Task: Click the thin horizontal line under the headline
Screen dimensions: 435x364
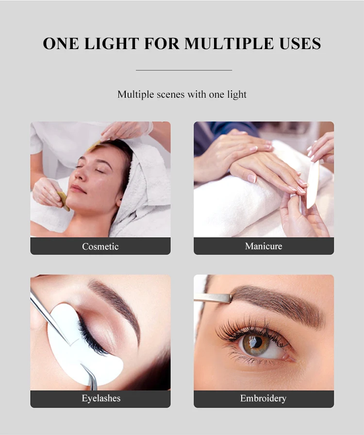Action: (184, 70)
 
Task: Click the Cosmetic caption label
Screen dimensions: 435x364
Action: (100, 246)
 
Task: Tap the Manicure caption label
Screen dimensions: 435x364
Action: (264, 246)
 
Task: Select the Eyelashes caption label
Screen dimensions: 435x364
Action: (100, 399)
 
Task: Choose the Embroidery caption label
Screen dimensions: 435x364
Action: (264, 399)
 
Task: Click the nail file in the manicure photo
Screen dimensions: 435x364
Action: (312, 180)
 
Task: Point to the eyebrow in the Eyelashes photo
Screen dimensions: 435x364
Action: (116, 301)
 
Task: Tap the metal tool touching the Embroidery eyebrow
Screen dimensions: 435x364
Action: (214, 298)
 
